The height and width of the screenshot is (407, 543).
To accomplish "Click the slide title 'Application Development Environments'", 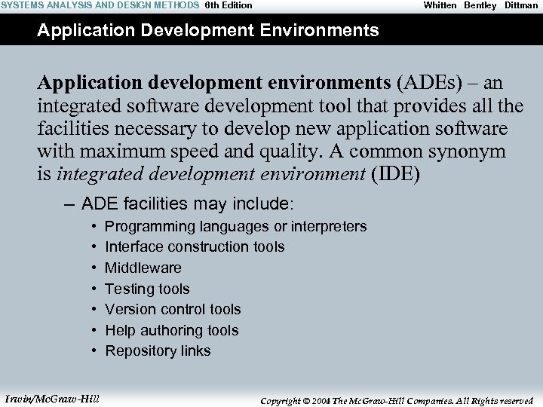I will (x=208, y=31).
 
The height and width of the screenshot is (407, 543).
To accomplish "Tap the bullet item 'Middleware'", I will (x=143, y=268).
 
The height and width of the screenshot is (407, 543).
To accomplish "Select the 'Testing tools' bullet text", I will (x=147, y=289).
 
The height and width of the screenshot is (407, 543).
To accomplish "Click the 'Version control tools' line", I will (x=173, y=309).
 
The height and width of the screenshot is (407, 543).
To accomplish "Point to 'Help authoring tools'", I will (x=171, y=330).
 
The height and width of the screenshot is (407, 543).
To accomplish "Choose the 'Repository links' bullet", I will (x=158, y=350).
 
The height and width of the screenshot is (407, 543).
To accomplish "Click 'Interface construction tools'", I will (x=195, y=246).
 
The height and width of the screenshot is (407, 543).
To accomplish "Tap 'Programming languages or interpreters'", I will (x=235, y=226).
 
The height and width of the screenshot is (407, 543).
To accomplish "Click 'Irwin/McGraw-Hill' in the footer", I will (x=52, y=398).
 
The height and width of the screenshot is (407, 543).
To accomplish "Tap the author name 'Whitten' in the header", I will (x=440, y=5).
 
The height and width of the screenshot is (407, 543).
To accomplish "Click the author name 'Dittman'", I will (x=521, y=5).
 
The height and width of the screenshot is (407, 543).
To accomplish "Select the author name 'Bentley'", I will (x=480, y=5).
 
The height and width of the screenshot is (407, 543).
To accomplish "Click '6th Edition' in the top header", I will (x=229, y=5).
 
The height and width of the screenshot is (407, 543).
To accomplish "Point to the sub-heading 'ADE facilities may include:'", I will (x=188, y=203).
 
